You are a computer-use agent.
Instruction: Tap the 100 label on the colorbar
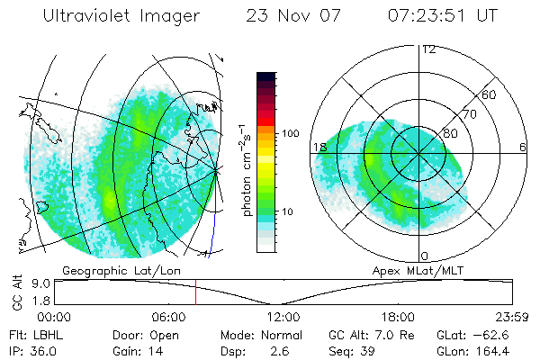[290, 132]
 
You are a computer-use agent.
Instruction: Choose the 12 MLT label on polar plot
[429, 49]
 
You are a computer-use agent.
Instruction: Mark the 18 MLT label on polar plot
[319, 147]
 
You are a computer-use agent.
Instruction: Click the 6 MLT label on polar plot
[523, 147]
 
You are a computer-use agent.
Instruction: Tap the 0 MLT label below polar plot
[425, 256]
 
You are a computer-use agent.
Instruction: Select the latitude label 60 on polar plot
[489, 94]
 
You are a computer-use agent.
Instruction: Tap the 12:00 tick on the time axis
[283, 317]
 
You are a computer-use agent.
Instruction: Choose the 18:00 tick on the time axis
[398, 317]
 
